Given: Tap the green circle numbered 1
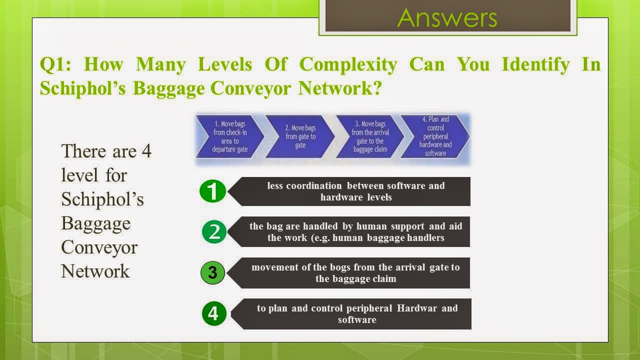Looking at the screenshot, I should [x=212, y=191].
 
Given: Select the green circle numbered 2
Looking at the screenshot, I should [x=214, y=232].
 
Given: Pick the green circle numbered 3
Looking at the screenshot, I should [x=213, y=273].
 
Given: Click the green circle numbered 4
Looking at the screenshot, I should [x=213, y=313].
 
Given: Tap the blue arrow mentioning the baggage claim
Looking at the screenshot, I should [x=370, y=136].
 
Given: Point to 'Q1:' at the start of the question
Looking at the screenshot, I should [x=55, y=64].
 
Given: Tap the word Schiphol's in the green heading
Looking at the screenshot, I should [x=80, y=88].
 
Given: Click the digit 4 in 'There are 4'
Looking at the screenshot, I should [x=146, y=151].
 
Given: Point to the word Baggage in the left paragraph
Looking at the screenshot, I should [x=95, y=223].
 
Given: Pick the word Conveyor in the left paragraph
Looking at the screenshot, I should [x=99, y=247].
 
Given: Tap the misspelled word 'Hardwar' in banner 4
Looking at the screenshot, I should [x=417, y=308].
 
